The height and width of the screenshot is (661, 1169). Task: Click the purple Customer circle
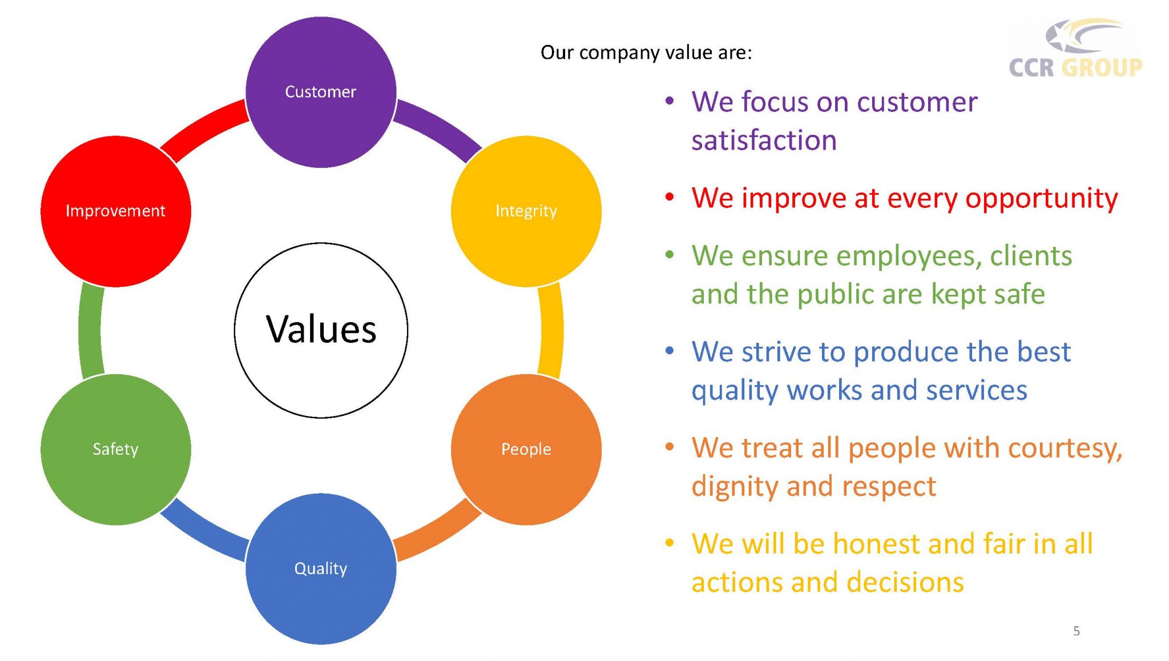[321, 92]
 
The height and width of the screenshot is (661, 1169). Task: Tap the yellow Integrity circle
[526, 211]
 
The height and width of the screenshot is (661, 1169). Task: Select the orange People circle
[526, 449]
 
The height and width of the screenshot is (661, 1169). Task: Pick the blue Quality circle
[321, 568]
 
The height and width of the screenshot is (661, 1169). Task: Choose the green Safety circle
[115, 449]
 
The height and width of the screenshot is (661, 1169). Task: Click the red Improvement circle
[115, 211]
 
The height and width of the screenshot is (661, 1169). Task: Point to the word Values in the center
[321, 330]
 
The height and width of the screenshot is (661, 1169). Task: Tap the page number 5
[1076, 631]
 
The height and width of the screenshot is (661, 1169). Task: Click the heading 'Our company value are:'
[646, 53]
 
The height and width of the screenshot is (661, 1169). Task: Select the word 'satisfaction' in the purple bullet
[764, 141]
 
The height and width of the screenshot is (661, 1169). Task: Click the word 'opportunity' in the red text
[1041, 199]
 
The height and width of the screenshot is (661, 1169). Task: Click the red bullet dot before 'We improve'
[670, 198]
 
